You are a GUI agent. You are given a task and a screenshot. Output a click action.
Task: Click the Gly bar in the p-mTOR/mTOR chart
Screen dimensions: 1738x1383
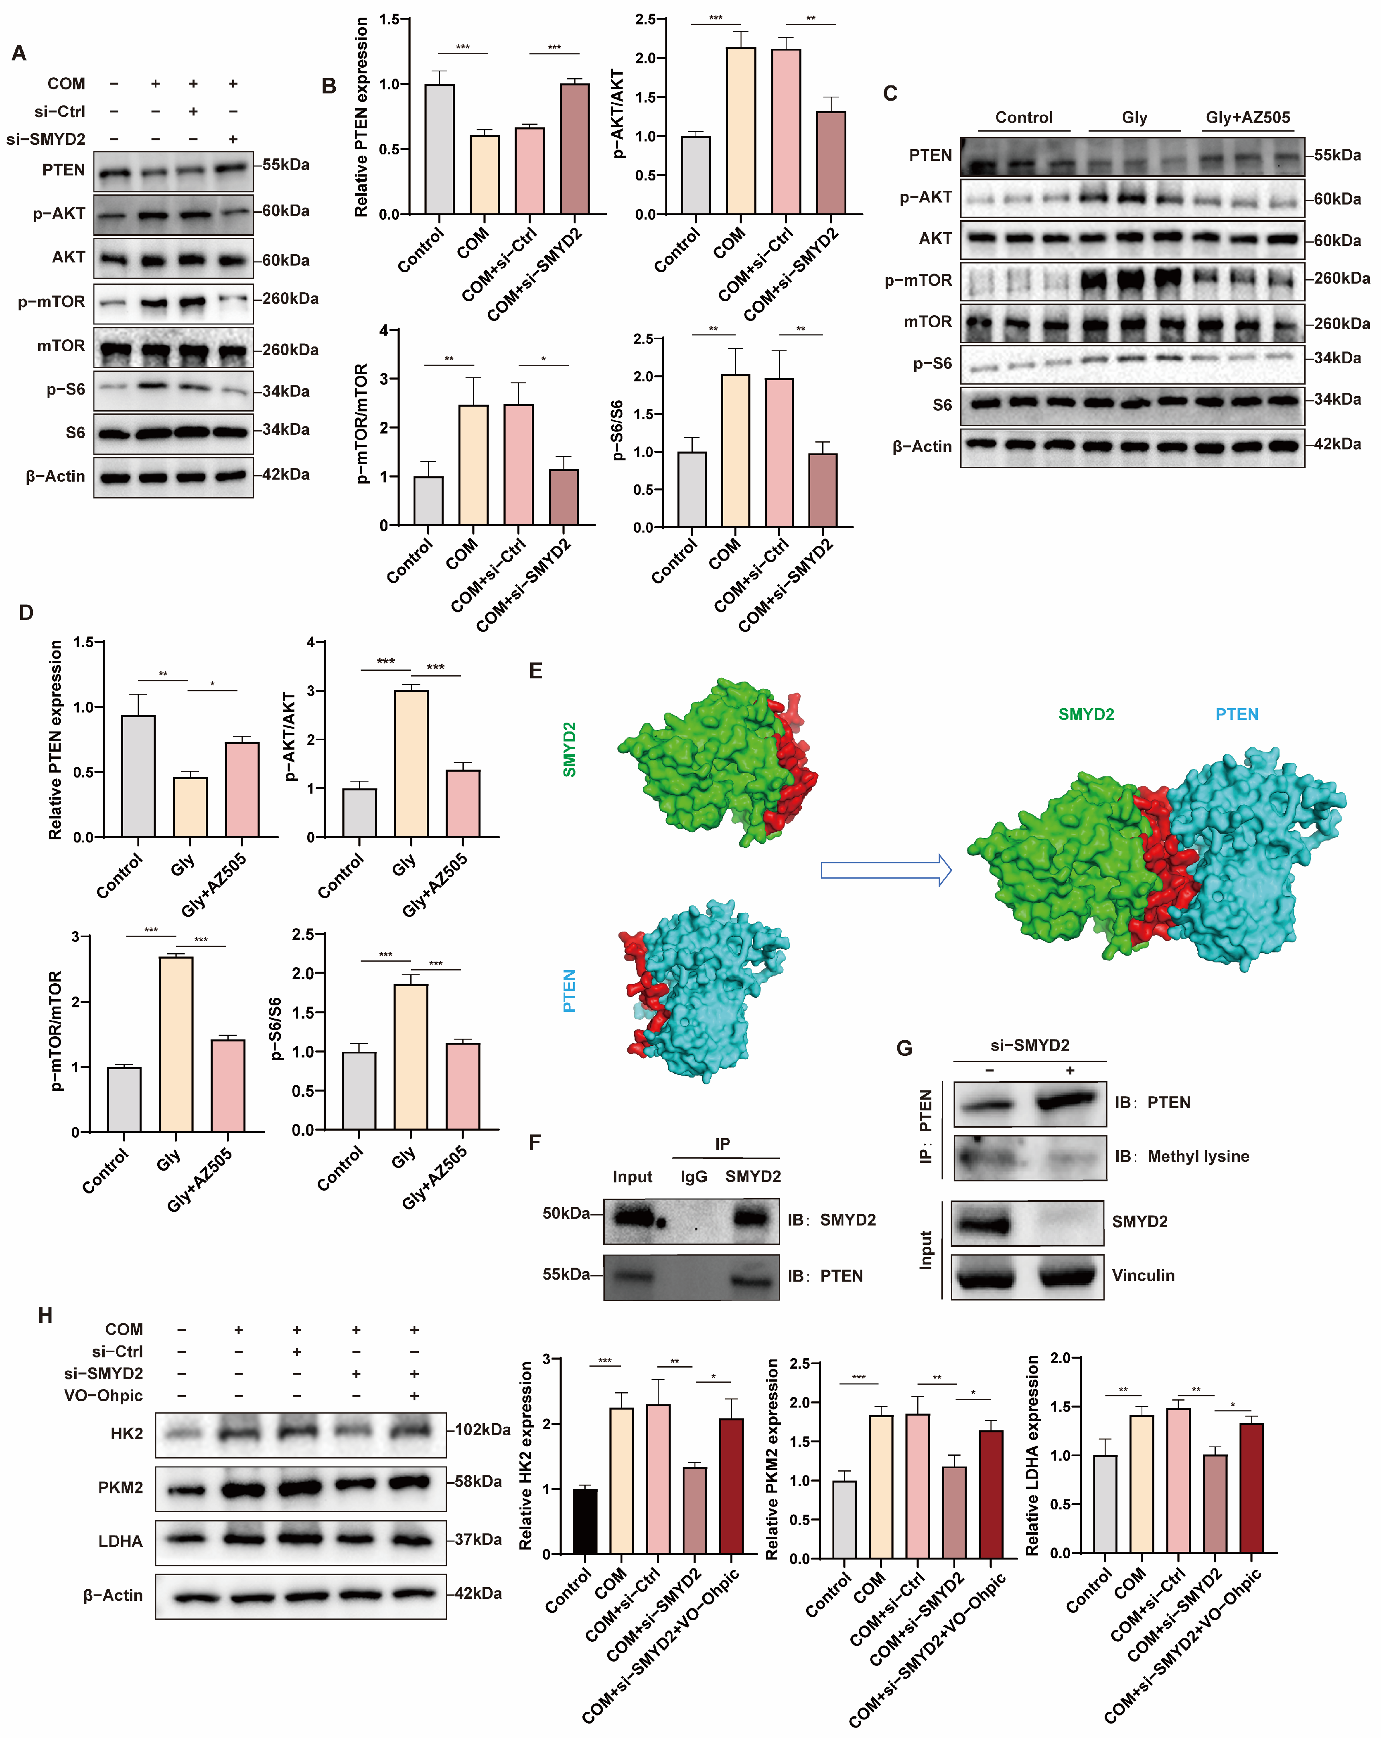pyautogui.click(x=176, y=1044)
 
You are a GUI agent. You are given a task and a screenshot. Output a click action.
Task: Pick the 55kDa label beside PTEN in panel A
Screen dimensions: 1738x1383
pyautogui.click(x=286, y=164)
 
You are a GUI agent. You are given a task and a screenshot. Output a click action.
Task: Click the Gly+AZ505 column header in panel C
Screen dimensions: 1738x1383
pyautogui.click(x=1247, y=117)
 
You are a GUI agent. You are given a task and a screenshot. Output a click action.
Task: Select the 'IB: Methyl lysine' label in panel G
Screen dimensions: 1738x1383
pyautogui.click(x=1181, y=1156)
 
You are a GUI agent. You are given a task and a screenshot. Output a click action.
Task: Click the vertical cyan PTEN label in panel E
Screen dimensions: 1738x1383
pyautogui.click(x=569, y=990)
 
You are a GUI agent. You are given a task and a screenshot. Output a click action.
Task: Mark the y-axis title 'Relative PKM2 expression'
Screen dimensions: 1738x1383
pyautogui.click(x=772, y=1459)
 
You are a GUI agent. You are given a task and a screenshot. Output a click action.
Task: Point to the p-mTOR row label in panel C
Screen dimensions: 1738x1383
pyautogui.click(x=918, y=281)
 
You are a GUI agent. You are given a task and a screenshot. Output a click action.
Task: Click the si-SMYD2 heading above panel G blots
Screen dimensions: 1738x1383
pyautogui.click(x=1030, y=1045)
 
